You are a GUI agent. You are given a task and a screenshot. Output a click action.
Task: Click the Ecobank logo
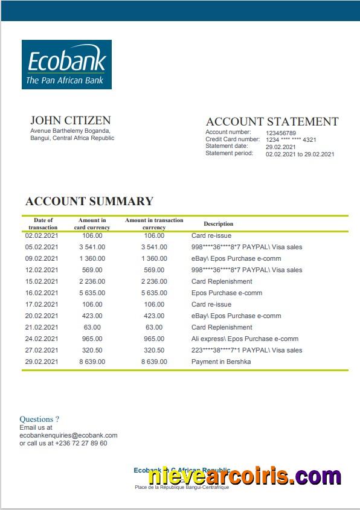tap(66, 65)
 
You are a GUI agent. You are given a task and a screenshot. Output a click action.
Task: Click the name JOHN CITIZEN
tap(70, 120)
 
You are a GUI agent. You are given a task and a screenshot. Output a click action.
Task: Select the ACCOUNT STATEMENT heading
tap(272, 121)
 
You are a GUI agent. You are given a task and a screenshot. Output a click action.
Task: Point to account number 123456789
tap(281, 133)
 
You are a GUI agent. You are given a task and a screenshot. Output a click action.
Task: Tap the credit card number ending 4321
tap(291, 140)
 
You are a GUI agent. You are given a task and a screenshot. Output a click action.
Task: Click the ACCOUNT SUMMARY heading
tap(89, 202)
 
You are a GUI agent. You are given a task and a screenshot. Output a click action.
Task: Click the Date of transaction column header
tap(43, 224)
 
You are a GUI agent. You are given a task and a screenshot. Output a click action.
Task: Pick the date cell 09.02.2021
tap(42, 258)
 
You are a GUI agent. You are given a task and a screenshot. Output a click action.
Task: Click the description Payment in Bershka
tap(220, 362)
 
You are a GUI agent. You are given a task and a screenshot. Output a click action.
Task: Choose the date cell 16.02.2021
tap(42, 293)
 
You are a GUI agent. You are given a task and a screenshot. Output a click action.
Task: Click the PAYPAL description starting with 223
tap(246, 350)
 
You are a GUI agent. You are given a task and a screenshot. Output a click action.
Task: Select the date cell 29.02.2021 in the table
tap(42, 362)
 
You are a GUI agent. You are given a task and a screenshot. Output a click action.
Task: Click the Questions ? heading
tap(39, 419)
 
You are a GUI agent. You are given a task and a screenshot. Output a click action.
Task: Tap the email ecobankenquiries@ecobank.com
tap(68, 435)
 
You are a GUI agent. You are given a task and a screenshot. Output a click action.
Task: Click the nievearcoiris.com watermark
tap(244, 476)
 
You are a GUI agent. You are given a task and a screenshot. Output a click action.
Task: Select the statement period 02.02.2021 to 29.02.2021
tap(300, 154)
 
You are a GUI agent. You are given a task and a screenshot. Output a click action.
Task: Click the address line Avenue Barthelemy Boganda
tap(70, 131)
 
